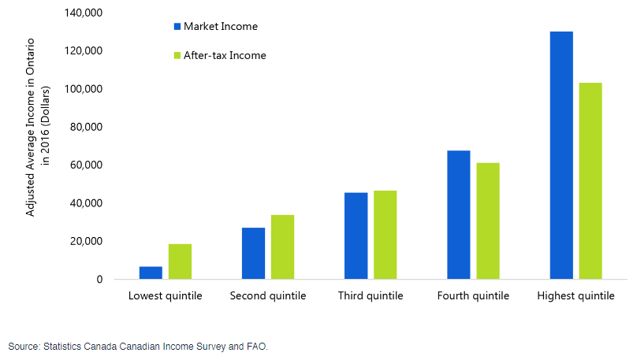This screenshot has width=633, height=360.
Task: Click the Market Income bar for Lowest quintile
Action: click(x=151, y=273)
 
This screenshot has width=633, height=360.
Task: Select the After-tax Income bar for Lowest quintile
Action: click(x=180, y=262)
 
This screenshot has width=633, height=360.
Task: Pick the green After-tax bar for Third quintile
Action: click(x=385, y=235)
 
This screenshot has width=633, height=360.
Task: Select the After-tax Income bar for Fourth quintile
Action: click(x=487, y=221)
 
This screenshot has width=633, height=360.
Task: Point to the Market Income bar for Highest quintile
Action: click(x=560, y=155)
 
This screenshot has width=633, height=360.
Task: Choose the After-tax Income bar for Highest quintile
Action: click(x=590, y=180)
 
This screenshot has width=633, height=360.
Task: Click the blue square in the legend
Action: click(x=177, y=27)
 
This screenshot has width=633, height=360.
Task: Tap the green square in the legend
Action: click(x=177, y=55)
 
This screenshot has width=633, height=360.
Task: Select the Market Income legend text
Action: click(x=221, y=27)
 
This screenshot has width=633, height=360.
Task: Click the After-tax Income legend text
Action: click(x=225, y=55)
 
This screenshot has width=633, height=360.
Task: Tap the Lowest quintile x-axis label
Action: click(x=166, y=296)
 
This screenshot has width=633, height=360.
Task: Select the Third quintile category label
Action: click(x=370, y=296)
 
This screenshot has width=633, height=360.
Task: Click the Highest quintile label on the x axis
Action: click(x=575, y=296)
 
